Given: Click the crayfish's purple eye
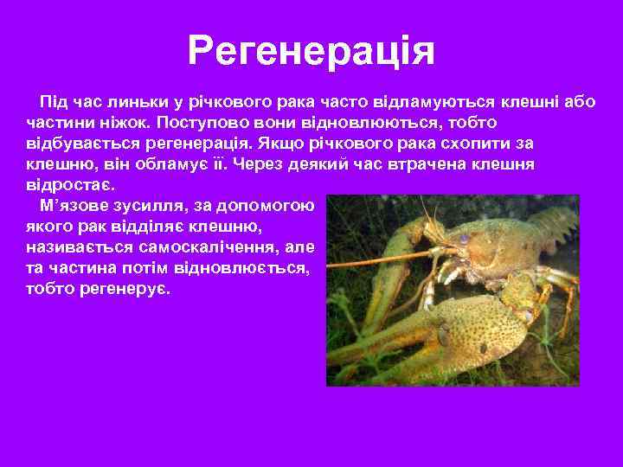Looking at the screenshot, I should tap(465, 238).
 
